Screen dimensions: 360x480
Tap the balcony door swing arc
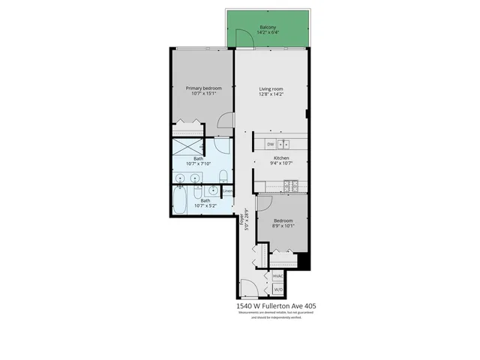tap(242, 37)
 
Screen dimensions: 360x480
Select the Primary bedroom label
tap(202, 88)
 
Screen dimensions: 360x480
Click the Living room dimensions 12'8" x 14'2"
tap(271, 94)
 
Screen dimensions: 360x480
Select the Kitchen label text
tap(281, 158)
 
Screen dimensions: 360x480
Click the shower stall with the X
tap(188, 148)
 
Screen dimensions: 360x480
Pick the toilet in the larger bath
tap(224, 176)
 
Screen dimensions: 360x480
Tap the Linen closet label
tap(227, 190)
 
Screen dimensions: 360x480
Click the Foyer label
tap(241, 222)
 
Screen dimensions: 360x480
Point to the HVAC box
tap(277, 276)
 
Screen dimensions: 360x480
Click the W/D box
tap(277, 289)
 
